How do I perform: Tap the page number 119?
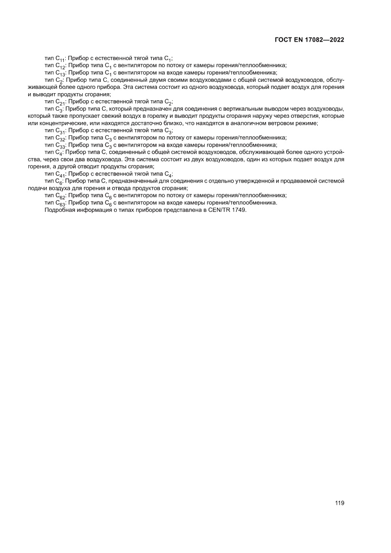[339, 503]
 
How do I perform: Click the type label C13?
[61, 73]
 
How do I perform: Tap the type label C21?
[61, 102]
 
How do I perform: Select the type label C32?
[61, 138]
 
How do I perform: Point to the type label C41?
[61, 174]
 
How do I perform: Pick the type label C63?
[61, 203]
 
